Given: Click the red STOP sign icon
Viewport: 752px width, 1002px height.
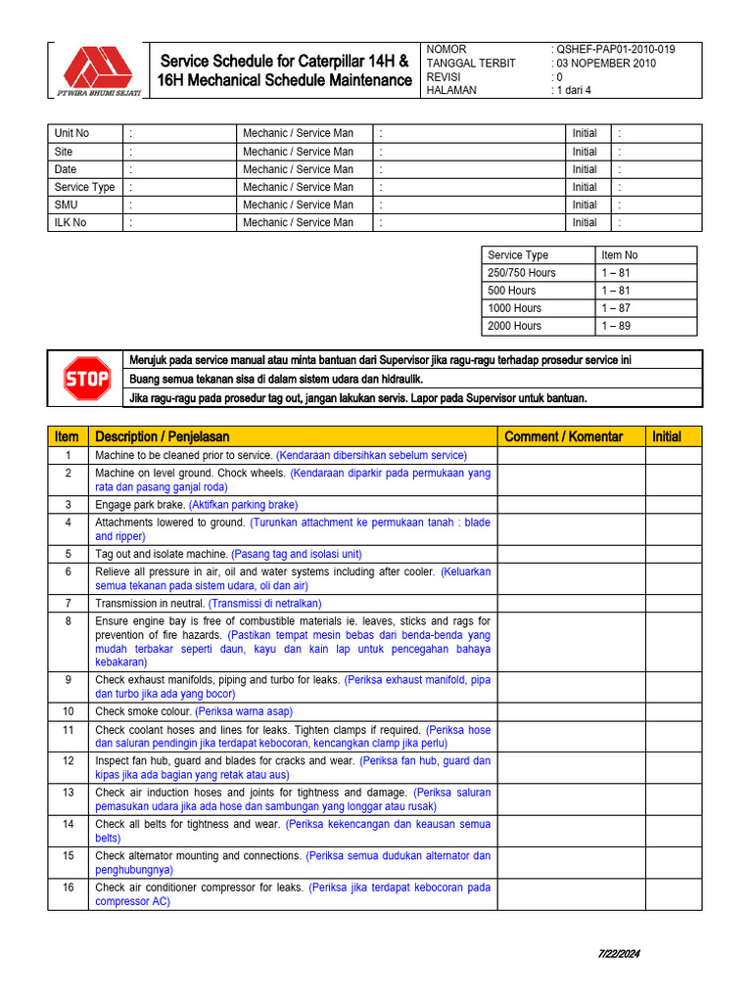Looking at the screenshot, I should [87, 379].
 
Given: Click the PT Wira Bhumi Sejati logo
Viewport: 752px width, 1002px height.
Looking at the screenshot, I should [96, 71].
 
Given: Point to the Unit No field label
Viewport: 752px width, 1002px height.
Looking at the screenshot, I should [71, 133].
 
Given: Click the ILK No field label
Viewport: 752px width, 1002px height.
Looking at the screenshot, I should [70, 222].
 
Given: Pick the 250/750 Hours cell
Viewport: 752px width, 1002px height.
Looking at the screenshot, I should [522, 273].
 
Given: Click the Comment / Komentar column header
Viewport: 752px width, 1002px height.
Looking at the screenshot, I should [562, 436].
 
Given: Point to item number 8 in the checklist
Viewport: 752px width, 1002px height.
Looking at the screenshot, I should [68, 621].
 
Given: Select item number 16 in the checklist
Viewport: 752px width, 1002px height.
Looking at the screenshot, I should [68, 888].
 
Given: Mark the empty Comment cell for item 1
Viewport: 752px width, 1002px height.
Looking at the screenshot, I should [571, 456].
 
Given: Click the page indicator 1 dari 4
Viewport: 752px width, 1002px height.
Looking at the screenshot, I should [575, 90].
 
